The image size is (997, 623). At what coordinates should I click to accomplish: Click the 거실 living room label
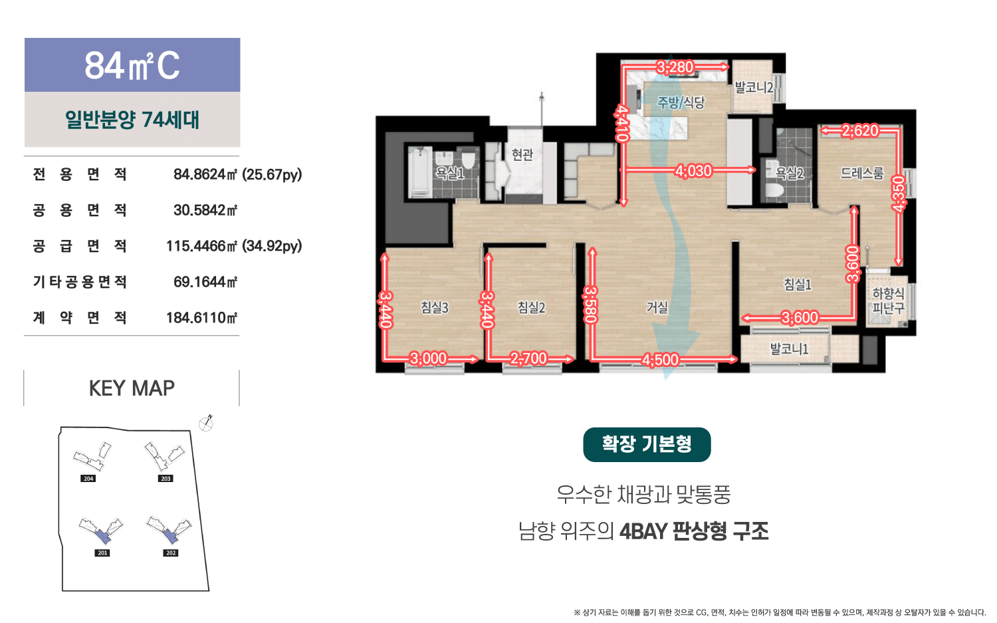point(657,307)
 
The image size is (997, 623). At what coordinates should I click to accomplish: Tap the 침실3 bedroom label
point(435,307)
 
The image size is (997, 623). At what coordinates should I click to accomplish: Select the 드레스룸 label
point(861,173)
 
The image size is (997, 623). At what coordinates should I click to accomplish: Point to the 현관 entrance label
point(522,154)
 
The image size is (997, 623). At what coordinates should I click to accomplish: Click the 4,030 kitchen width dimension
point(693,171)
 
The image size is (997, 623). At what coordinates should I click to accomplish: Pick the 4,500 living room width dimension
point(660,360)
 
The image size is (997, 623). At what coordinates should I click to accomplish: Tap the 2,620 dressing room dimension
point(860,130)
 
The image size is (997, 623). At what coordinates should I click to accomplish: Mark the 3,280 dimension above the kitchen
point(675,67)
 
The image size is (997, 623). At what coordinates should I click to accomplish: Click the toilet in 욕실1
point(468,160)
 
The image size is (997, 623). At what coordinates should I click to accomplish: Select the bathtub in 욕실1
point(420,172)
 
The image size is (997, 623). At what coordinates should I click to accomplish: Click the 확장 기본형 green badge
point(647,444)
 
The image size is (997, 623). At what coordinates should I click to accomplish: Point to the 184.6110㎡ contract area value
point(201,318)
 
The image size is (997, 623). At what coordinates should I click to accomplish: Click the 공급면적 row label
point(80,246)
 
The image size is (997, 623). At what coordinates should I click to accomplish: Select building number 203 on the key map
point(166,479)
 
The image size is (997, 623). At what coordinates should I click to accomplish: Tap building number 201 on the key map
point(102,553)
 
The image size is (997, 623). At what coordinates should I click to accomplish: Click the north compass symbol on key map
point(205,423)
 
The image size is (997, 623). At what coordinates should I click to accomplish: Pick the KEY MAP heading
point(132,388)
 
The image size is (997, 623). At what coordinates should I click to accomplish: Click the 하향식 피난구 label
point(888,301)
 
